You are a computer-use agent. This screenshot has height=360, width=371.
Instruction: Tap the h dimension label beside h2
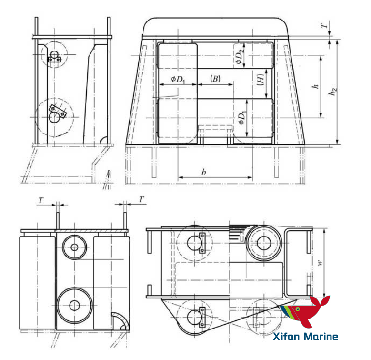pos(314,87)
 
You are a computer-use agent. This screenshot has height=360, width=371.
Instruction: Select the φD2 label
pos(241,55)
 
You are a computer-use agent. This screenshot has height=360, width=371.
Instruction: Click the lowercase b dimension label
pos(204,172)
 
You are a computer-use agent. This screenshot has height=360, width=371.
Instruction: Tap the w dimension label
pos(326,262)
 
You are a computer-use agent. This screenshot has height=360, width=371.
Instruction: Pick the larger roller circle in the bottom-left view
pos(74,304)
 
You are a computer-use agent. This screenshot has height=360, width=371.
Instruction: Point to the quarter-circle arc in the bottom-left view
pos(120,321)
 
